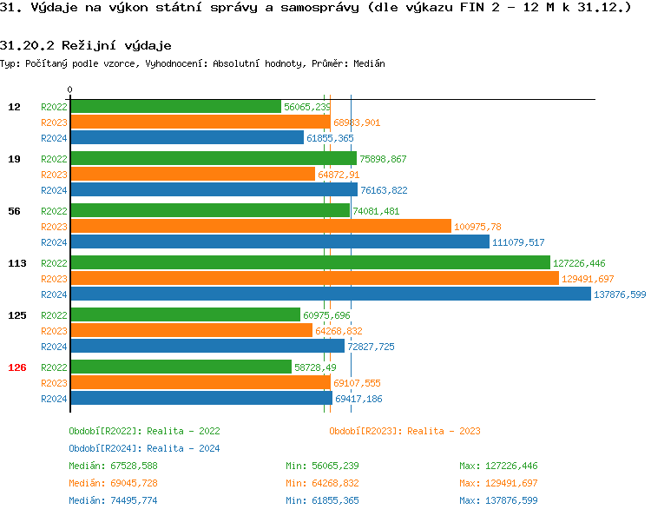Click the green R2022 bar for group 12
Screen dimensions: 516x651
[175, 107]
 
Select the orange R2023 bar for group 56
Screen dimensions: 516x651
[260, 227]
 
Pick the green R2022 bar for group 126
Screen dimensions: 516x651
[181, 367]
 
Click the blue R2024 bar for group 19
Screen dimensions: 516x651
[213, 190]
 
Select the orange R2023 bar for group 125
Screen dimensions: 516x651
[191, 331]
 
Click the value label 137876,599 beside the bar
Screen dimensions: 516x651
[620, 294]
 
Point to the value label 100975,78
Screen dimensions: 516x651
[478, 227]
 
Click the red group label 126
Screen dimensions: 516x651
[16, 367]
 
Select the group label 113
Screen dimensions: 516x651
[16, 263]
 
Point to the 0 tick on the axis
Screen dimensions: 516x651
[69, 89]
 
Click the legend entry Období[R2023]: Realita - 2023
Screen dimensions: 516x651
[404, 431]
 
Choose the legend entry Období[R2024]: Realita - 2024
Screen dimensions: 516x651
[144, 448]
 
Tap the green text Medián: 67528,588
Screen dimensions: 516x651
[113, 466]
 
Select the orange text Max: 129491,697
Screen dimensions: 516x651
[498, 483]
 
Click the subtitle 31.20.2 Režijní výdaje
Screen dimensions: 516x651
[86, 44]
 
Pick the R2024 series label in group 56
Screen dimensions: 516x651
[54, 242]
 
